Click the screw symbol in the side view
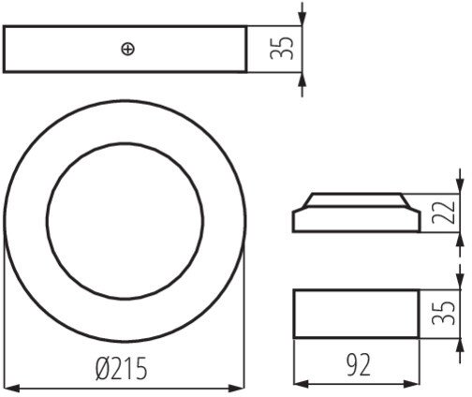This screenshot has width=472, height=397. (128, 50)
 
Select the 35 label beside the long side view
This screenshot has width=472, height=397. (282, 49)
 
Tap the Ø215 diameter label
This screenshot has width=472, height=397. (121, 369)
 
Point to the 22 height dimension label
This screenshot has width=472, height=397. (443, 213)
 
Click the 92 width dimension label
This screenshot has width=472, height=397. (358, 364)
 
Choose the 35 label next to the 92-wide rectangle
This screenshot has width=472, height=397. (443, 313)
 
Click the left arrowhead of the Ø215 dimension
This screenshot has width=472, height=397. (12, 389)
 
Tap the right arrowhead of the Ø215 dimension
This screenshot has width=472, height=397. (236, 389)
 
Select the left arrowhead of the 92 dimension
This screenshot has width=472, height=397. (302, 384)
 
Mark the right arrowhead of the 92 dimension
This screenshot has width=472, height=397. (411, 384)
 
